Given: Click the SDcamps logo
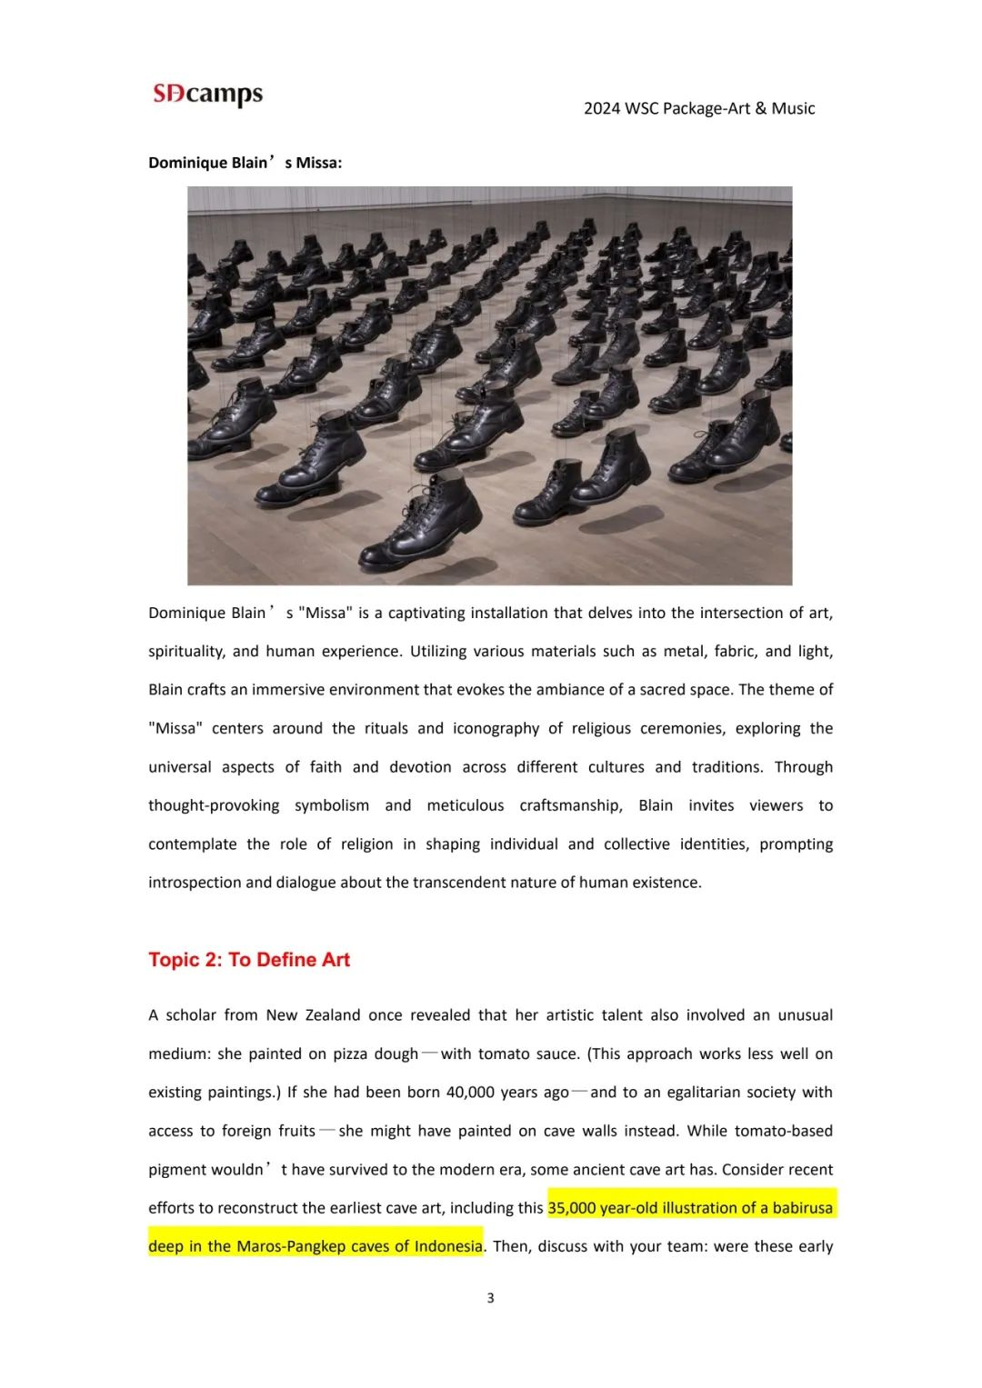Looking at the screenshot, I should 208,94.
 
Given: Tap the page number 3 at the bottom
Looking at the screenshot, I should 491,1298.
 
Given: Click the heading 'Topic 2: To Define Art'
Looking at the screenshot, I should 249,960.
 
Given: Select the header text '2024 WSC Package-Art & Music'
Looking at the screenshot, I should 698,108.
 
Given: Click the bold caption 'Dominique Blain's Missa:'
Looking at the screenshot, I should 245,163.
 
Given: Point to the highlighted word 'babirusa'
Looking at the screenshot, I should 802,1208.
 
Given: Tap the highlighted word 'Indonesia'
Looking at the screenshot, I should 448,1246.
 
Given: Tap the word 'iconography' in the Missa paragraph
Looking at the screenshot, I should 496,729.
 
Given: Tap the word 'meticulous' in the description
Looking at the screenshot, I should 465,806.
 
